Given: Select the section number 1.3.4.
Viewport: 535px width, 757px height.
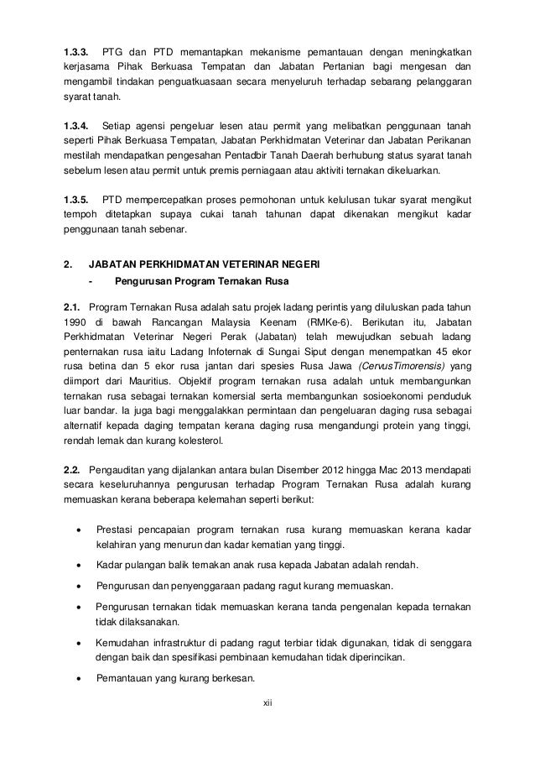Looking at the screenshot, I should point(78,126).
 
